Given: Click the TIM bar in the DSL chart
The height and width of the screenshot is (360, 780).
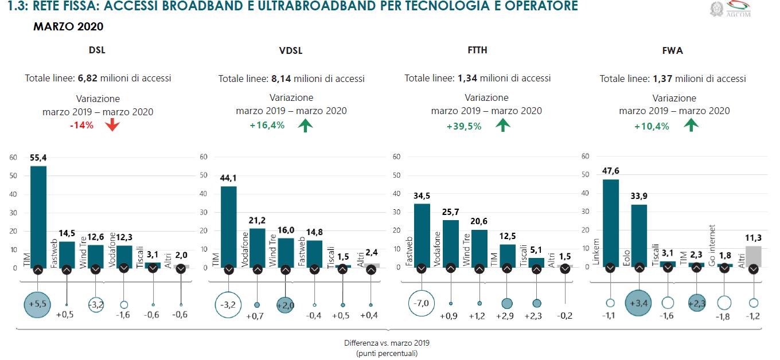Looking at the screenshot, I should (38, 215).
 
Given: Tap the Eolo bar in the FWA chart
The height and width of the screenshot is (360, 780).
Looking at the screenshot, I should (639, 235).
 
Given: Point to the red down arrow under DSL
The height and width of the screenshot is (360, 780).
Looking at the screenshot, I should (112, 124).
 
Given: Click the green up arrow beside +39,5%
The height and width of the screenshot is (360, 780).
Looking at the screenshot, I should (502, 125).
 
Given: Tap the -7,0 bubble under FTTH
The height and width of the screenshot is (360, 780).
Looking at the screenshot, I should (423, 302).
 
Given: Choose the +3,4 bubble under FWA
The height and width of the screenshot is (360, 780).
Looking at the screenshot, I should (639, 303).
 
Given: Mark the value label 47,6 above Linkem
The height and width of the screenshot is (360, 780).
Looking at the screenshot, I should (611, 170).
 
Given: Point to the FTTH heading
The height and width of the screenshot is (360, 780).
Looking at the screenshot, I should (477, 50).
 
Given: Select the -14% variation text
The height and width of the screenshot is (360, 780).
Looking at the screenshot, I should (81, 125).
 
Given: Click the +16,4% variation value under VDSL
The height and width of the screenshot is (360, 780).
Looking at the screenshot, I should (267, 125).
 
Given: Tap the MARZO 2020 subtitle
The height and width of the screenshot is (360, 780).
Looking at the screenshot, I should (68, 27).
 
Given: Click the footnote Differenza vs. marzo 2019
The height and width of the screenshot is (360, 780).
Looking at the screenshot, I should (387, 343).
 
